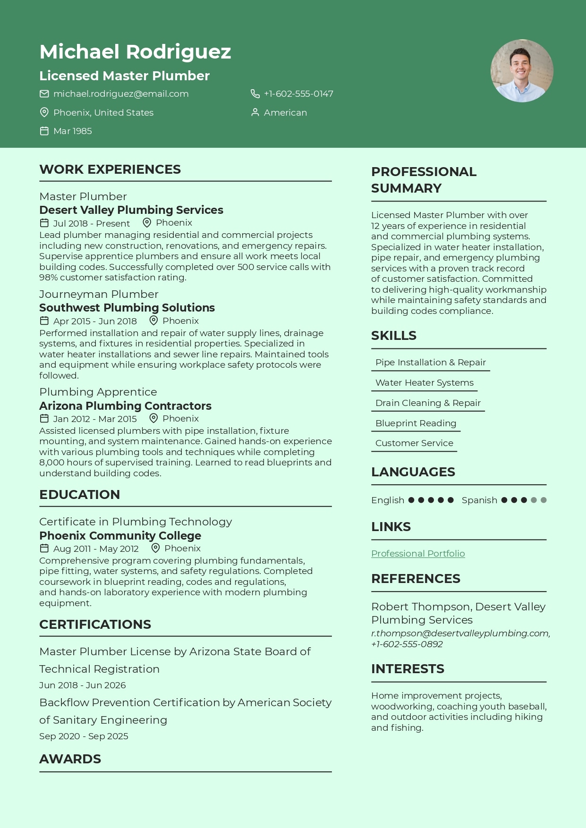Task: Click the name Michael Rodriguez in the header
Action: [135, 52]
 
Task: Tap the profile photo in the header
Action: [522, 71]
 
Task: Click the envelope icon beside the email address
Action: [44, 94]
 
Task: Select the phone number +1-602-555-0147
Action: [298, 94]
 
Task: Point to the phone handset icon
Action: [255, 94]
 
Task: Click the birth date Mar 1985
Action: [72, 131]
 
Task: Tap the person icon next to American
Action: [255, 112]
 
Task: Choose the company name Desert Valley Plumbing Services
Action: [131, 210]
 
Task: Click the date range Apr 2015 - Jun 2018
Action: [95, 321]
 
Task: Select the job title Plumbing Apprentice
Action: [98, 392]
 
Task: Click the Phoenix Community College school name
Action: [120, 536]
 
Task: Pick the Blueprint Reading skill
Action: [416, 423]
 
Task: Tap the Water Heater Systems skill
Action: [424, 383]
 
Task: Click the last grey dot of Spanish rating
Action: [544, 500]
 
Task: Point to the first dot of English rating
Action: [411, 500]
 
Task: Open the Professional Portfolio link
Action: [418, 554]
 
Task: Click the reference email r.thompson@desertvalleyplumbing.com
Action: [460, 634]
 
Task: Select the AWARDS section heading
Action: [70, 759]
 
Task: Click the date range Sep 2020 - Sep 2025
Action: [84, 736]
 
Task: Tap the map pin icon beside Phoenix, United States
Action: [44, 112]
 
